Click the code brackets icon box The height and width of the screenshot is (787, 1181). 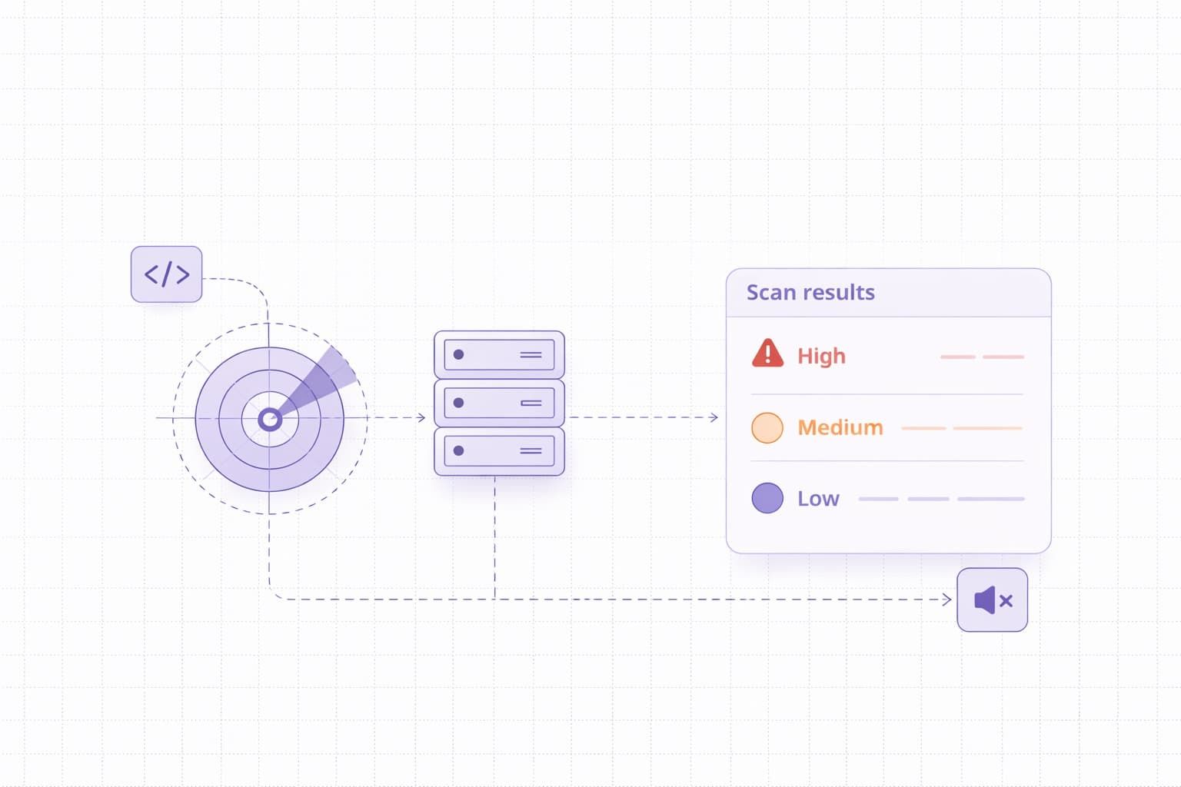166,274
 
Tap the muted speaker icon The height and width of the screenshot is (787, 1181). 992,600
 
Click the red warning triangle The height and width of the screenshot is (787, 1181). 767,354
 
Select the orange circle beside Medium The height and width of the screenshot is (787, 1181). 767,427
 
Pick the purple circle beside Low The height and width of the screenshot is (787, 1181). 767,498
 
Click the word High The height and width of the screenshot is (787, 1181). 821,356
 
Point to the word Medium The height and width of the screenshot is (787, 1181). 840,427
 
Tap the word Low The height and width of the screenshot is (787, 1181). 818,499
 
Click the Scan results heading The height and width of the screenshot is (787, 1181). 810,293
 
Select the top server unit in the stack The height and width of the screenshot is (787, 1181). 499,355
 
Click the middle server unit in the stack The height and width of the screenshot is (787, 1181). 499,403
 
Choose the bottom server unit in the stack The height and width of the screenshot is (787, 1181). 499,451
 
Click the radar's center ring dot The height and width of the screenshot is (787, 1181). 269,419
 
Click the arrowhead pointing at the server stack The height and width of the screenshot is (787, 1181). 421,417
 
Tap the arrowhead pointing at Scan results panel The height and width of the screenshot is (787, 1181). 714,417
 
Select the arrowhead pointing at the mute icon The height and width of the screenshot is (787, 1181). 947,599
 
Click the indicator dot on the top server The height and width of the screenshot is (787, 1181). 459,354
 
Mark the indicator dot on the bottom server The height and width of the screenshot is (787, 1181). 459,450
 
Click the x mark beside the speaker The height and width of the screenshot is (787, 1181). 1006,601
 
